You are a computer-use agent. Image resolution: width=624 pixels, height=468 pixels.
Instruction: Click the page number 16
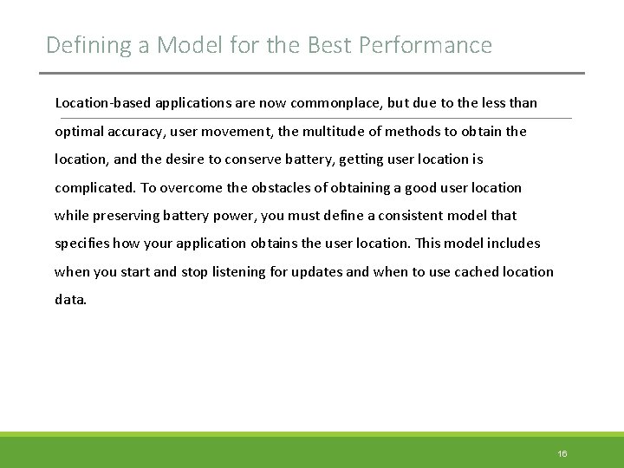(x=562, y=454)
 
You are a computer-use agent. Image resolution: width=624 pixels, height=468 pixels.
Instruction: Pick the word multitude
(x=319, y=131)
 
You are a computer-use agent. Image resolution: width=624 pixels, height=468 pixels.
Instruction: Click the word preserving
(x=123, y=216)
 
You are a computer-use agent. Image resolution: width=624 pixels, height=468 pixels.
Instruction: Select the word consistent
(x=411, y=216)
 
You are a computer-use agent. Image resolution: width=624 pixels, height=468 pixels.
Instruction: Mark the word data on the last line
(x=70, y=300)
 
